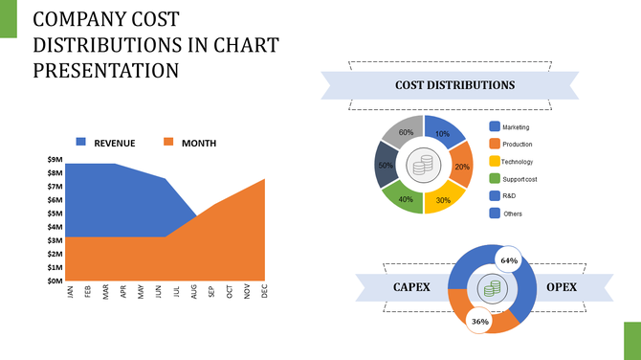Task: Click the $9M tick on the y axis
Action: click(55, 159)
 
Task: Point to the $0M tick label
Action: click(55, 281)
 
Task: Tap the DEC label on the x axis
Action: click(264, 292)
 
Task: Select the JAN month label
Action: click(70, 292)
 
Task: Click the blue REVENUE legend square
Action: click(81, 143)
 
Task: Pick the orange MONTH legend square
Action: click(168, 143)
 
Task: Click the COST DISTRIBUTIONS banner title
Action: click(454, 85)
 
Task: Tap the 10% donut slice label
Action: click(442, 135)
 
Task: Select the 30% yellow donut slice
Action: click(443, 200)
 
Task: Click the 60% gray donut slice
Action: click(406, 132)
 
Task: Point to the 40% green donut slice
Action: click(406, 199)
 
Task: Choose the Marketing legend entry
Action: click(515, 127)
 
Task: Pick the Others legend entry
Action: click(513, 214)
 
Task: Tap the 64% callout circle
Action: click(508, 260)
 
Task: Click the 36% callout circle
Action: click(479, 322)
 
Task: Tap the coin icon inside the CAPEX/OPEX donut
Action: click(492, 288)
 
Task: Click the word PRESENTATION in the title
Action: click(106, 70)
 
